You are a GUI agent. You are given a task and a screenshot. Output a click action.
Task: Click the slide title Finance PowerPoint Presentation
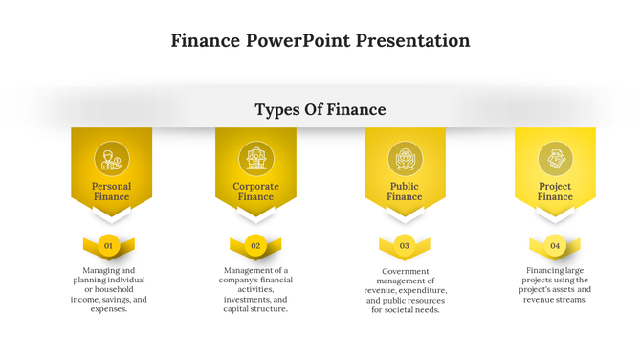point(320,41)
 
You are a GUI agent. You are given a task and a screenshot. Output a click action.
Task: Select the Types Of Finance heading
point(320,110)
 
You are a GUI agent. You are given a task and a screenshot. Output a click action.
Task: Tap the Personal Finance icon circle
point(111,157)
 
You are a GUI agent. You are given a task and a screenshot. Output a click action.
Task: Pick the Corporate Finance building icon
point(255,157)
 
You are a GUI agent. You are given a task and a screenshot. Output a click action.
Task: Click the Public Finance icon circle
point(405,157)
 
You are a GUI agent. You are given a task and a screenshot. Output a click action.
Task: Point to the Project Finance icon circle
point(555,157)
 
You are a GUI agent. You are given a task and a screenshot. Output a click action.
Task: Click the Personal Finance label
point(111,191)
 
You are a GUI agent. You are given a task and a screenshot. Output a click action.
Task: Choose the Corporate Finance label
point(255,191)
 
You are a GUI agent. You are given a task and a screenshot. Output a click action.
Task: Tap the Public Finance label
point(405,191)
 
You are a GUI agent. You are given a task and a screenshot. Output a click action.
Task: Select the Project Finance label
point(555,191)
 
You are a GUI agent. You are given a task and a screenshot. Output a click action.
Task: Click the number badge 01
point(109,246)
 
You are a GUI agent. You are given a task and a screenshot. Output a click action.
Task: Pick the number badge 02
point(255,246)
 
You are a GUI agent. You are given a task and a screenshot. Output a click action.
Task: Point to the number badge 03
point(405,246)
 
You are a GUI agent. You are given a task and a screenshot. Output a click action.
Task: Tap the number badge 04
point(554,246)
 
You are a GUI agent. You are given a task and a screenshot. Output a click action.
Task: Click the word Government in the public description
point(405,270)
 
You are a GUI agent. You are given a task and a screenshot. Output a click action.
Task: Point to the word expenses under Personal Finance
point(108,309)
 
